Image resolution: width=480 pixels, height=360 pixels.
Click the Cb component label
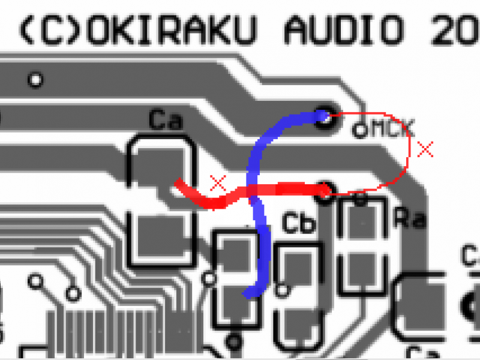pyautogui.click(x=299, y=224)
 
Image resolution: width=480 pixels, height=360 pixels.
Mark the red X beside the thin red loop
pyautogui.click(x=425, y=149)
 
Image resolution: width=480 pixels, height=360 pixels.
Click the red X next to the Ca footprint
pyautogui.click(x=218, y=183)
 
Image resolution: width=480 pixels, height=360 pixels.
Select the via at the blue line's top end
pyautogui.click(x=325, y=116)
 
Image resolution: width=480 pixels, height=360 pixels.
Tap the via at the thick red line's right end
pyautogui.click(x=325, y=190)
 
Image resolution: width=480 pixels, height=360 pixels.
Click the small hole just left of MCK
pyautogui.click(x=360, y=129)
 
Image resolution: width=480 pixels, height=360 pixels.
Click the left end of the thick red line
pyautogui.click(x=178, y=182)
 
